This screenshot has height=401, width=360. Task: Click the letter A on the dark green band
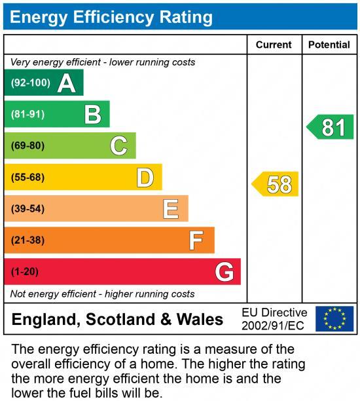(66, 83)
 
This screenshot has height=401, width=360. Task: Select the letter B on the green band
(92, 115)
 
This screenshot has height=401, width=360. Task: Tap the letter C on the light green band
(118, 145)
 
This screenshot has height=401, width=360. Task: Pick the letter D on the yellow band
(145, 178)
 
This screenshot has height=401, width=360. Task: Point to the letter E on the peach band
(171, 209)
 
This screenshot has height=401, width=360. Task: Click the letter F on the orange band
(196, 240)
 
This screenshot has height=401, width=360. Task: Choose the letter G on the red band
(224, 272)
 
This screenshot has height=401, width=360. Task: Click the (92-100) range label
(31, 83)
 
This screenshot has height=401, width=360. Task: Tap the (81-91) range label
(27, 115)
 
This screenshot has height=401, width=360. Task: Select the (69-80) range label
(27, 145)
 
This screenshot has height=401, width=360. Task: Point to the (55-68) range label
(27, 178)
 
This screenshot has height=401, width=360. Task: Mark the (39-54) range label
(27, 209)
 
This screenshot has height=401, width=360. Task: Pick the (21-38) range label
(27, 240)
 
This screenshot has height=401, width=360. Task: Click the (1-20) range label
(25, 272)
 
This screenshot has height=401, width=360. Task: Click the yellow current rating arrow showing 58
(276, 184)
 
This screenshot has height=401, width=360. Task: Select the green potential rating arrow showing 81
(331, 127)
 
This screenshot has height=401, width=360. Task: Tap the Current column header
(274, 45)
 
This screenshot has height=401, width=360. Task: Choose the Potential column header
(329, 45)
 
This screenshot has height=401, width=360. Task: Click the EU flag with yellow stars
(334, 319)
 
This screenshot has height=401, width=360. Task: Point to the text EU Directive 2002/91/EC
(274, 319)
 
